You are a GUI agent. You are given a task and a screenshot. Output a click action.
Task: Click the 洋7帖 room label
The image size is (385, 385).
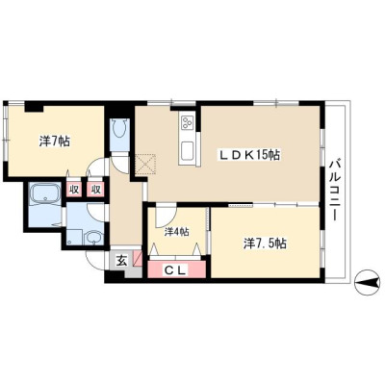click(54, 141)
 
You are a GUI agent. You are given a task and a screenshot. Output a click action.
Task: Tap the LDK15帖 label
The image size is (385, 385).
click(249, 155)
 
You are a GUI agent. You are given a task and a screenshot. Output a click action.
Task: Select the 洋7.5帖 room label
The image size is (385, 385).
click(265, 244)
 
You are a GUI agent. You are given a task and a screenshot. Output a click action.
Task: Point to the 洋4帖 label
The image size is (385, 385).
click(176, 232)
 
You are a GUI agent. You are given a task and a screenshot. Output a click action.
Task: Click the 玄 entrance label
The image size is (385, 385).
click(120, 261)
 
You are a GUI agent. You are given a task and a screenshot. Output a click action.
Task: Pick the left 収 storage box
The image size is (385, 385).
click(74, 190)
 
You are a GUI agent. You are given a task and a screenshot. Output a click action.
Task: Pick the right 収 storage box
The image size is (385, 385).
click(95, 190)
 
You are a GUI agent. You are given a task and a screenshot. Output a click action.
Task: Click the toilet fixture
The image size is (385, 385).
click(119, 130)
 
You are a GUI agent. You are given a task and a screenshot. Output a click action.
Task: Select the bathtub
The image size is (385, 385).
click(45, 194)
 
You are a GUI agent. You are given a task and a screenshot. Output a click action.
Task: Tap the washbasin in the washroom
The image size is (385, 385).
click(93, 238)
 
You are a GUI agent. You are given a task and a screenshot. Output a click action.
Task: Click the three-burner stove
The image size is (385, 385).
click(188, 122)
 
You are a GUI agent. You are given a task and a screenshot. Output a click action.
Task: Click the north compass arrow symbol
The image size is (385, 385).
click(367, 282)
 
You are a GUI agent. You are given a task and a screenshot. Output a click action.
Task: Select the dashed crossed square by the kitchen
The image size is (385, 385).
click(145, 165)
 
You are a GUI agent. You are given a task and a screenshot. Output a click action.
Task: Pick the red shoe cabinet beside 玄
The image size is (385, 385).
click(138, 258)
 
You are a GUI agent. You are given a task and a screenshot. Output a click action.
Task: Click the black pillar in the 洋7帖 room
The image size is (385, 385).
click(34, 107)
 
